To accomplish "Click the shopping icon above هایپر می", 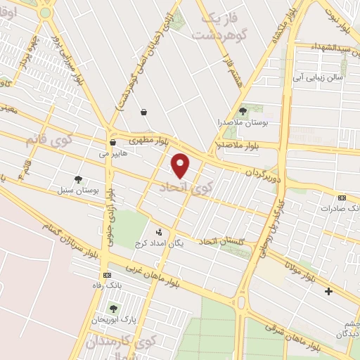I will [x=112, y=143].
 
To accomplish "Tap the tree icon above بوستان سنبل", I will [x=78, y=180].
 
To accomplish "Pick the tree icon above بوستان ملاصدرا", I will [x=243, y=110].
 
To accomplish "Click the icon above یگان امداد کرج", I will [x=159, y=231].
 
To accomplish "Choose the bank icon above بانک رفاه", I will [x=107, y=275].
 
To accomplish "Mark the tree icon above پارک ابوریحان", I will [x=113, y=309].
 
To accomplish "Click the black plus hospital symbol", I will [x=328, y=290].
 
